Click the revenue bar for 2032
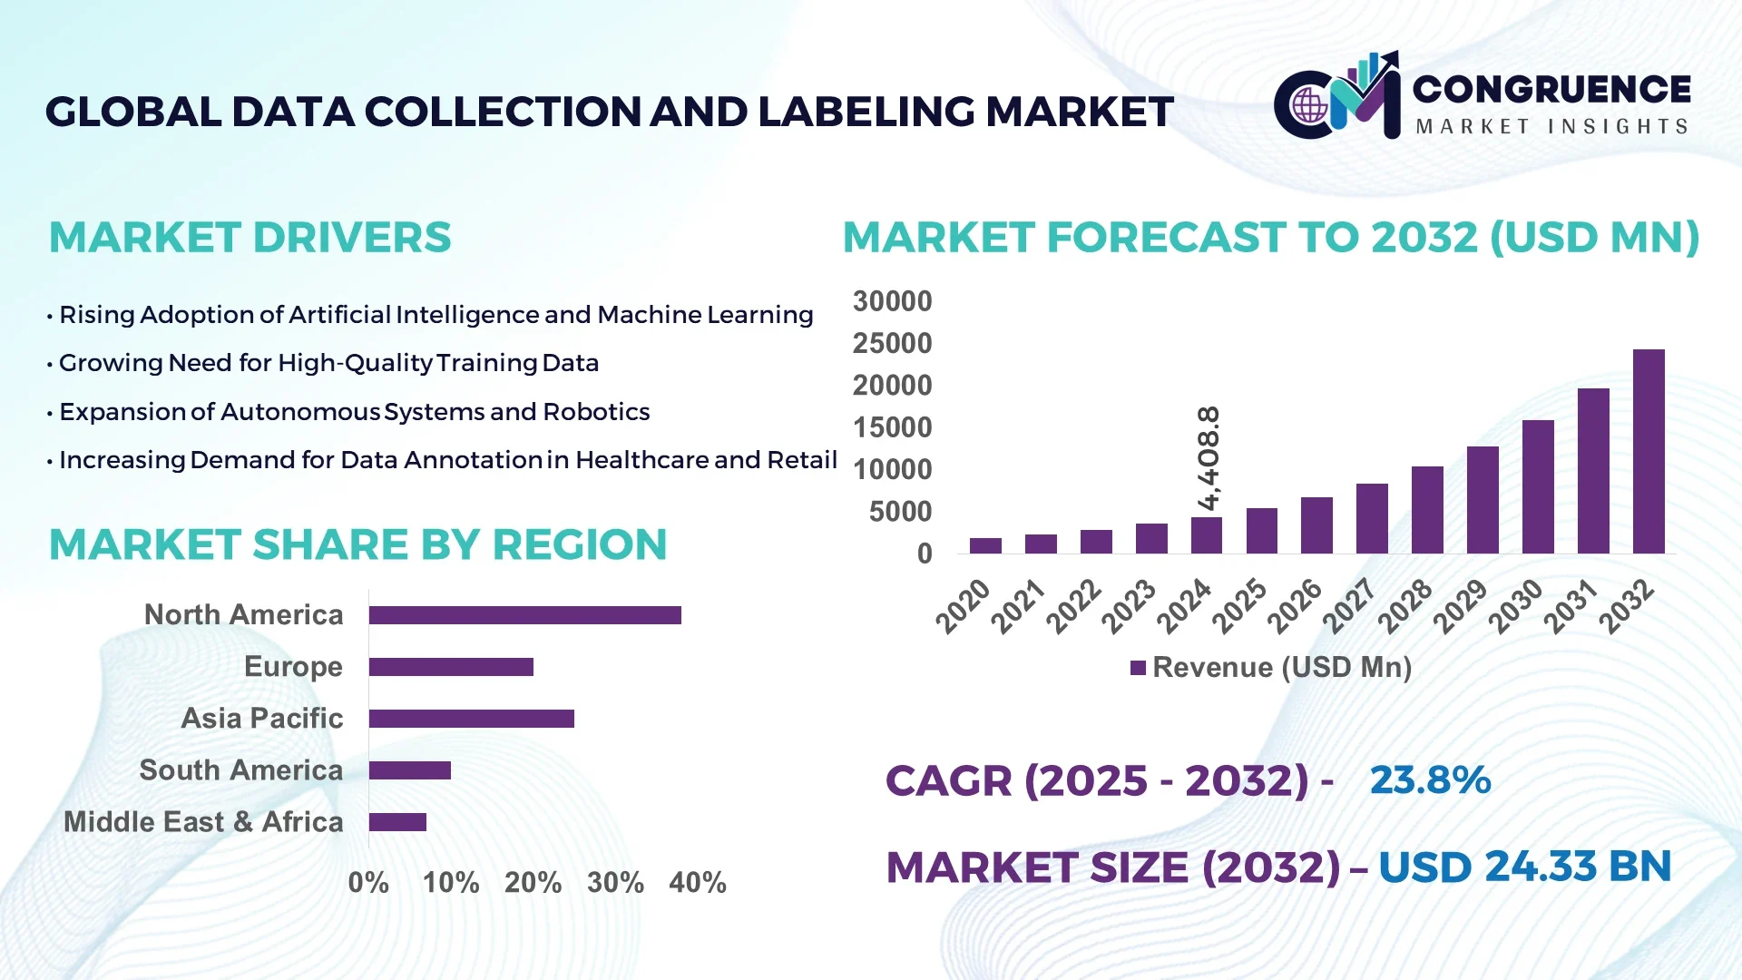[1649, 451]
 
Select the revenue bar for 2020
[985, 545]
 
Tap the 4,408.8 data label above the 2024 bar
[1209, 458]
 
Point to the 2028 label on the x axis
[1405, 606]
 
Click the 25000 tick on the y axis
[892, 343]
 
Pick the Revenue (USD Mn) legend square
[1138, 668]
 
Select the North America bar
[524, 615]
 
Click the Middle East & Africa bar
[397, 822]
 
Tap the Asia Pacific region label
[261, 718]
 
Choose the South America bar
[409, 770]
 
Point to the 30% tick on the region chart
[615, 882]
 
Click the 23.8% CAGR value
[1430, 779]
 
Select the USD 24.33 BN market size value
[1524, 867]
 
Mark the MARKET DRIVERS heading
[250, 238]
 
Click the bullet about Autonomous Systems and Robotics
[354, 412]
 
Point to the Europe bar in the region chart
[451, 667]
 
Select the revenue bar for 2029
[1483, 500]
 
